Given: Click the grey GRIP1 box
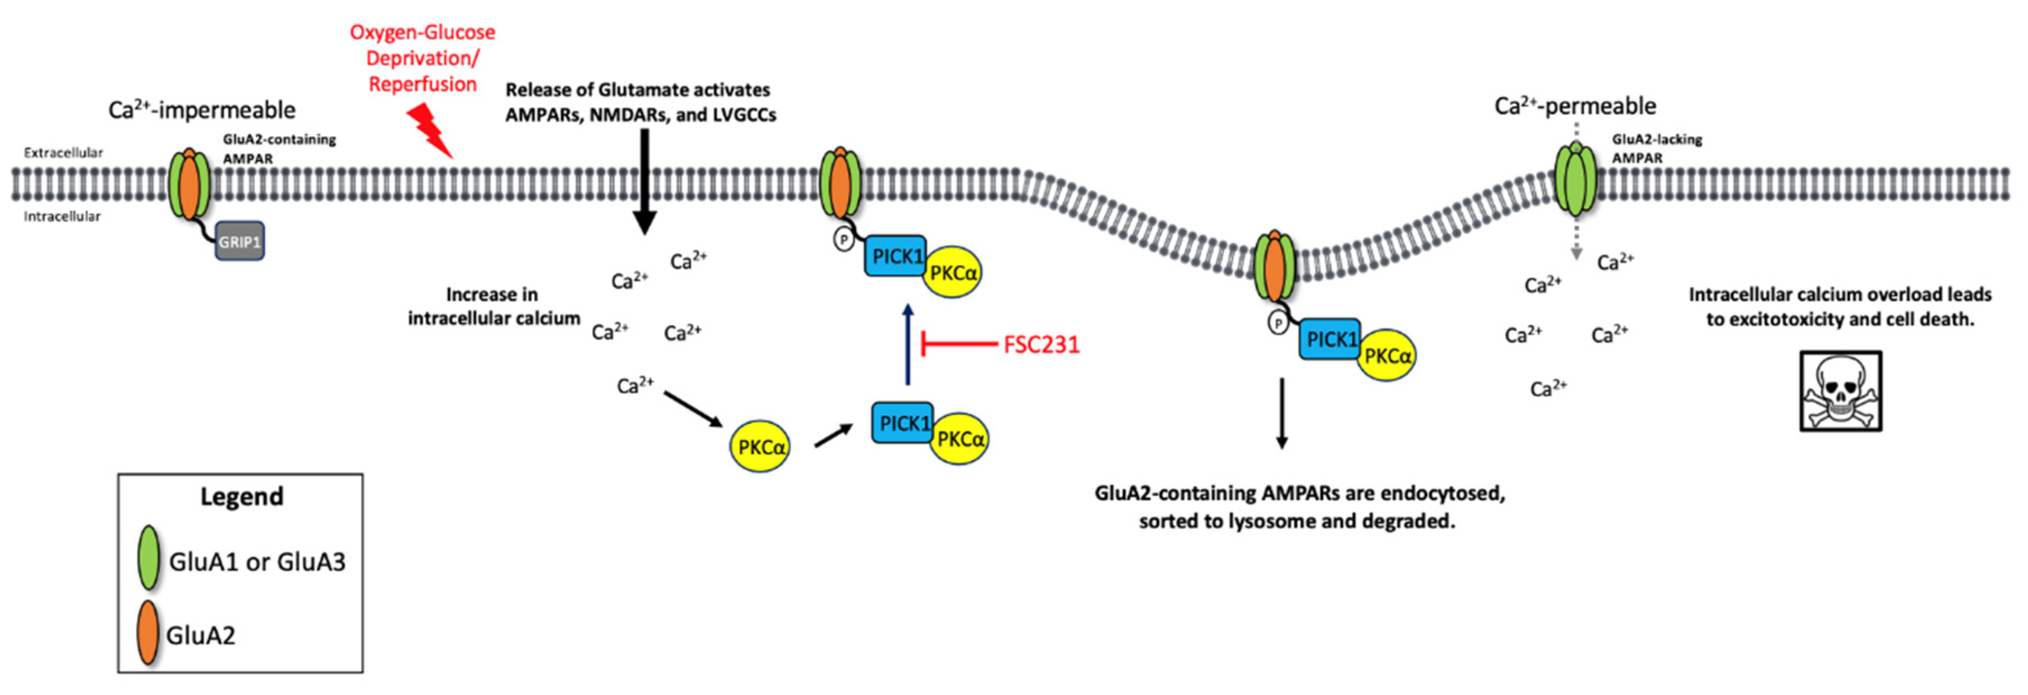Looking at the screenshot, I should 239,242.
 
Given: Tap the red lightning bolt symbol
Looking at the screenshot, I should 429,132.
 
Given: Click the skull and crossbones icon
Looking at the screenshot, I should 1841,391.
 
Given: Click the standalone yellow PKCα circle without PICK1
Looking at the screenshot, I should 760,447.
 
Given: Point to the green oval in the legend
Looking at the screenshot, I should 149,558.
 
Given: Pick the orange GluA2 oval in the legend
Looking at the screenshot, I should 147,633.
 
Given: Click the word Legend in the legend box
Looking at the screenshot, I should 241,496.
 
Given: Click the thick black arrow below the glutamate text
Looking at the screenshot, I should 645,181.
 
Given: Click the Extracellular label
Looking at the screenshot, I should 63,153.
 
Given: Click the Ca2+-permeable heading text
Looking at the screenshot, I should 1574,106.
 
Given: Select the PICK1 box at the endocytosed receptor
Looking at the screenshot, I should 1329,339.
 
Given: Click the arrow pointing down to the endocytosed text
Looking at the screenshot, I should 1282,413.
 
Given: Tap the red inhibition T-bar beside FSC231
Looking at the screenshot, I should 957,344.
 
